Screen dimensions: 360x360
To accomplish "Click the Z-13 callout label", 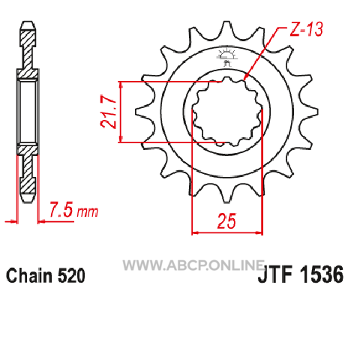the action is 306,29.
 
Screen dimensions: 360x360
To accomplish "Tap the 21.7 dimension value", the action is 109,112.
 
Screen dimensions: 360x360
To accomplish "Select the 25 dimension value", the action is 226,221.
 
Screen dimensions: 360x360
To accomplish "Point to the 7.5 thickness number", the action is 61,209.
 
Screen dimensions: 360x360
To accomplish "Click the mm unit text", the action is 88,212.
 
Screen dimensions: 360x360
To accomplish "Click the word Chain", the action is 30,275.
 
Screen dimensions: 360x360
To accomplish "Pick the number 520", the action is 71,275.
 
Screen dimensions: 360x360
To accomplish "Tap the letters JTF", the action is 275,274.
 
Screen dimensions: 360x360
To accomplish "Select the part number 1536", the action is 322,274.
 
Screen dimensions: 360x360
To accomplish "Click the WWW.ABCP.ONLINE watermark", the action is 193,265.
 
